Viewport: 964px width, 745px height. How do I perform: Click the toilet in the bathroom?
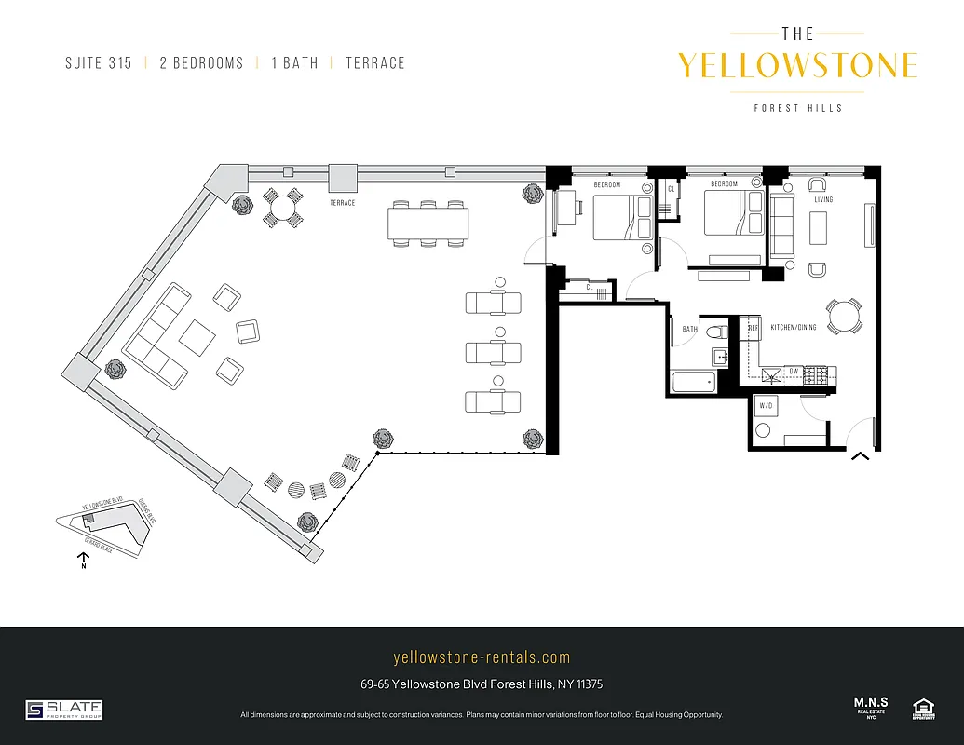tap(716, 332)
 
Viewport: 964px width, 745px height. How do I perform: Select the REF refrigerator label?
tap(754, 328)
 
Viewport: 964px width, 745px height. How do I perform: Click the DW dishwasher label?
tap(793, 372)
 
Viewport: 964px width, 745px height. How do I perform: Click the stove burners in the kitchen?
tap(816, 375)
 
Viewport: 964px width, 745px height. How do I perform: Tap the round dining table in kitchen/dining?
tap(845, 315)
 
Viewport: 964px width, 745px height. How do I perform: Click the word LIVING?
tap(823, 200)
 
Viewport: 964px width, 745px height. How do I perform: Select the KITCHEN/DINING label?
tap(794, 328)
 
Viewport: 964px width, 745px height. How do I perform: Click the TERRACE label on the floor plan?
tap(342, 202)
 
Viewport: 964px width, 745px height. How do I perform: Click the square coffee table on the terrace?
tap(197, 337)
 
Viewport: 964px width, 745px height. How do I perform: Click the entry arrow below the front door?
tap(860, 455)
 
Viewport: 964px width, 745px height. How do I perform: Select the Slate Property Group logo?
tap(63, 710)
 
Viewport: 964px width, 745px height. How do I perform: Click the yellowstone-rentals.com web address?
tap(482, 657)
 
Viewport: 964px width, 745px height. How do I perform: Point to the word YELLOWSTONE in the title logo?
tap(797, 66)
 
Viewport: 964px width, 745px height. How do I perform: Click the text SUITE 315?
tap(99, 63)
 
